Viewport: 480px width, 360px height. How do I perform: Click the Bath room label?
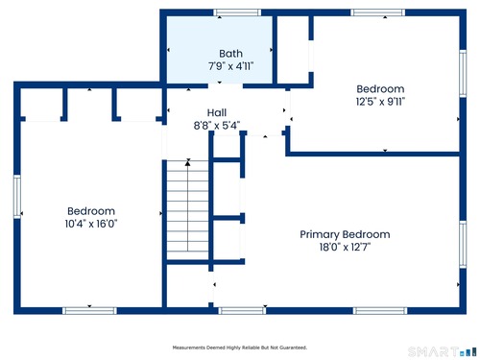click(230, 54)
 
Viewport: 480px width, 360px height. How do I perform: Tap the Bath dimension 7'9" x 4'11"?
click(230, 66)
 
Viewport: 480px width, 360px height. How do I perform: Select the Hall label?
click(217, 112)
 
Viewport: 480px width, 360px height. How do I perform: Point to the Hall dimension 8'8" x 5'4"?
click(217, 126)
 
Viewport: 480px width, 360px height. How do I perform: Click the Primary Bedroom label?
click(345, 234)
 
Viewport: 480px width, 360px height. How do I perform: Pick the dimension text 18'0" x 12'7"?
click(345, 247)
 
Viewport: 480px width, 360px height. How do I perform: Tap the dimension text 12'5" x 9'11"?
click(380, 102)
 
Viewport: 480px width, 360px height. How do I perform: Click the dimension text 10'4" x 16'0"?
click(91, 224)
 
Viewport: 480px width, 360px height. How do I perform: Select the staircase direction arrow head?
click(188, 163)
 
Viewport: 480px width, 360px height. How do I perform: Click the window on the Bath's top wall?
click(237, 12)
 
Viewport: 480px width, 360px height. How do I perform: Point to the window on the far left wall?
click(17, 197)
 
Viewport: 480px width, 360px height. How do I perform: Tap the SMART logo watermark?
click(442, 351)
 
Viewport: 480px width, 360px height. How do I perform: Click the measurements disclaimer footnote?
click(240, 348)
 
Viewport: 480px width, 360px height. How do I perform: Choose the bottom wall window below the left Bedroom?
click(89, 311)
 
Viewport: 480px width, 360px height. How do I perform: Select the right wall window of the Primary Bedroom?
click(463, 245)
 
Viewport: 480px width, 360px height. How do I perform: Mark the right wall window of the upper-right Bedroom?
click(463, 73)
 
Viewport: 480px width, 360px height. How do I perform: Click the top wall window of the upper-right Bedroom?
click(378, 12)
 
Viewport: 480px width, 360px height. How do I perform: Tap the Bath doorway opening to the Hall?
click(226, 85)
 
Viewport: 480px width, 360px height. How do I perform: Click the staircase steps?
click(188, 210)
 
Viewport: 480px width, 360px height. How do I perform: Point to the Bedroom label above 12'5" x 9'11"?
click(380, 89)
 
